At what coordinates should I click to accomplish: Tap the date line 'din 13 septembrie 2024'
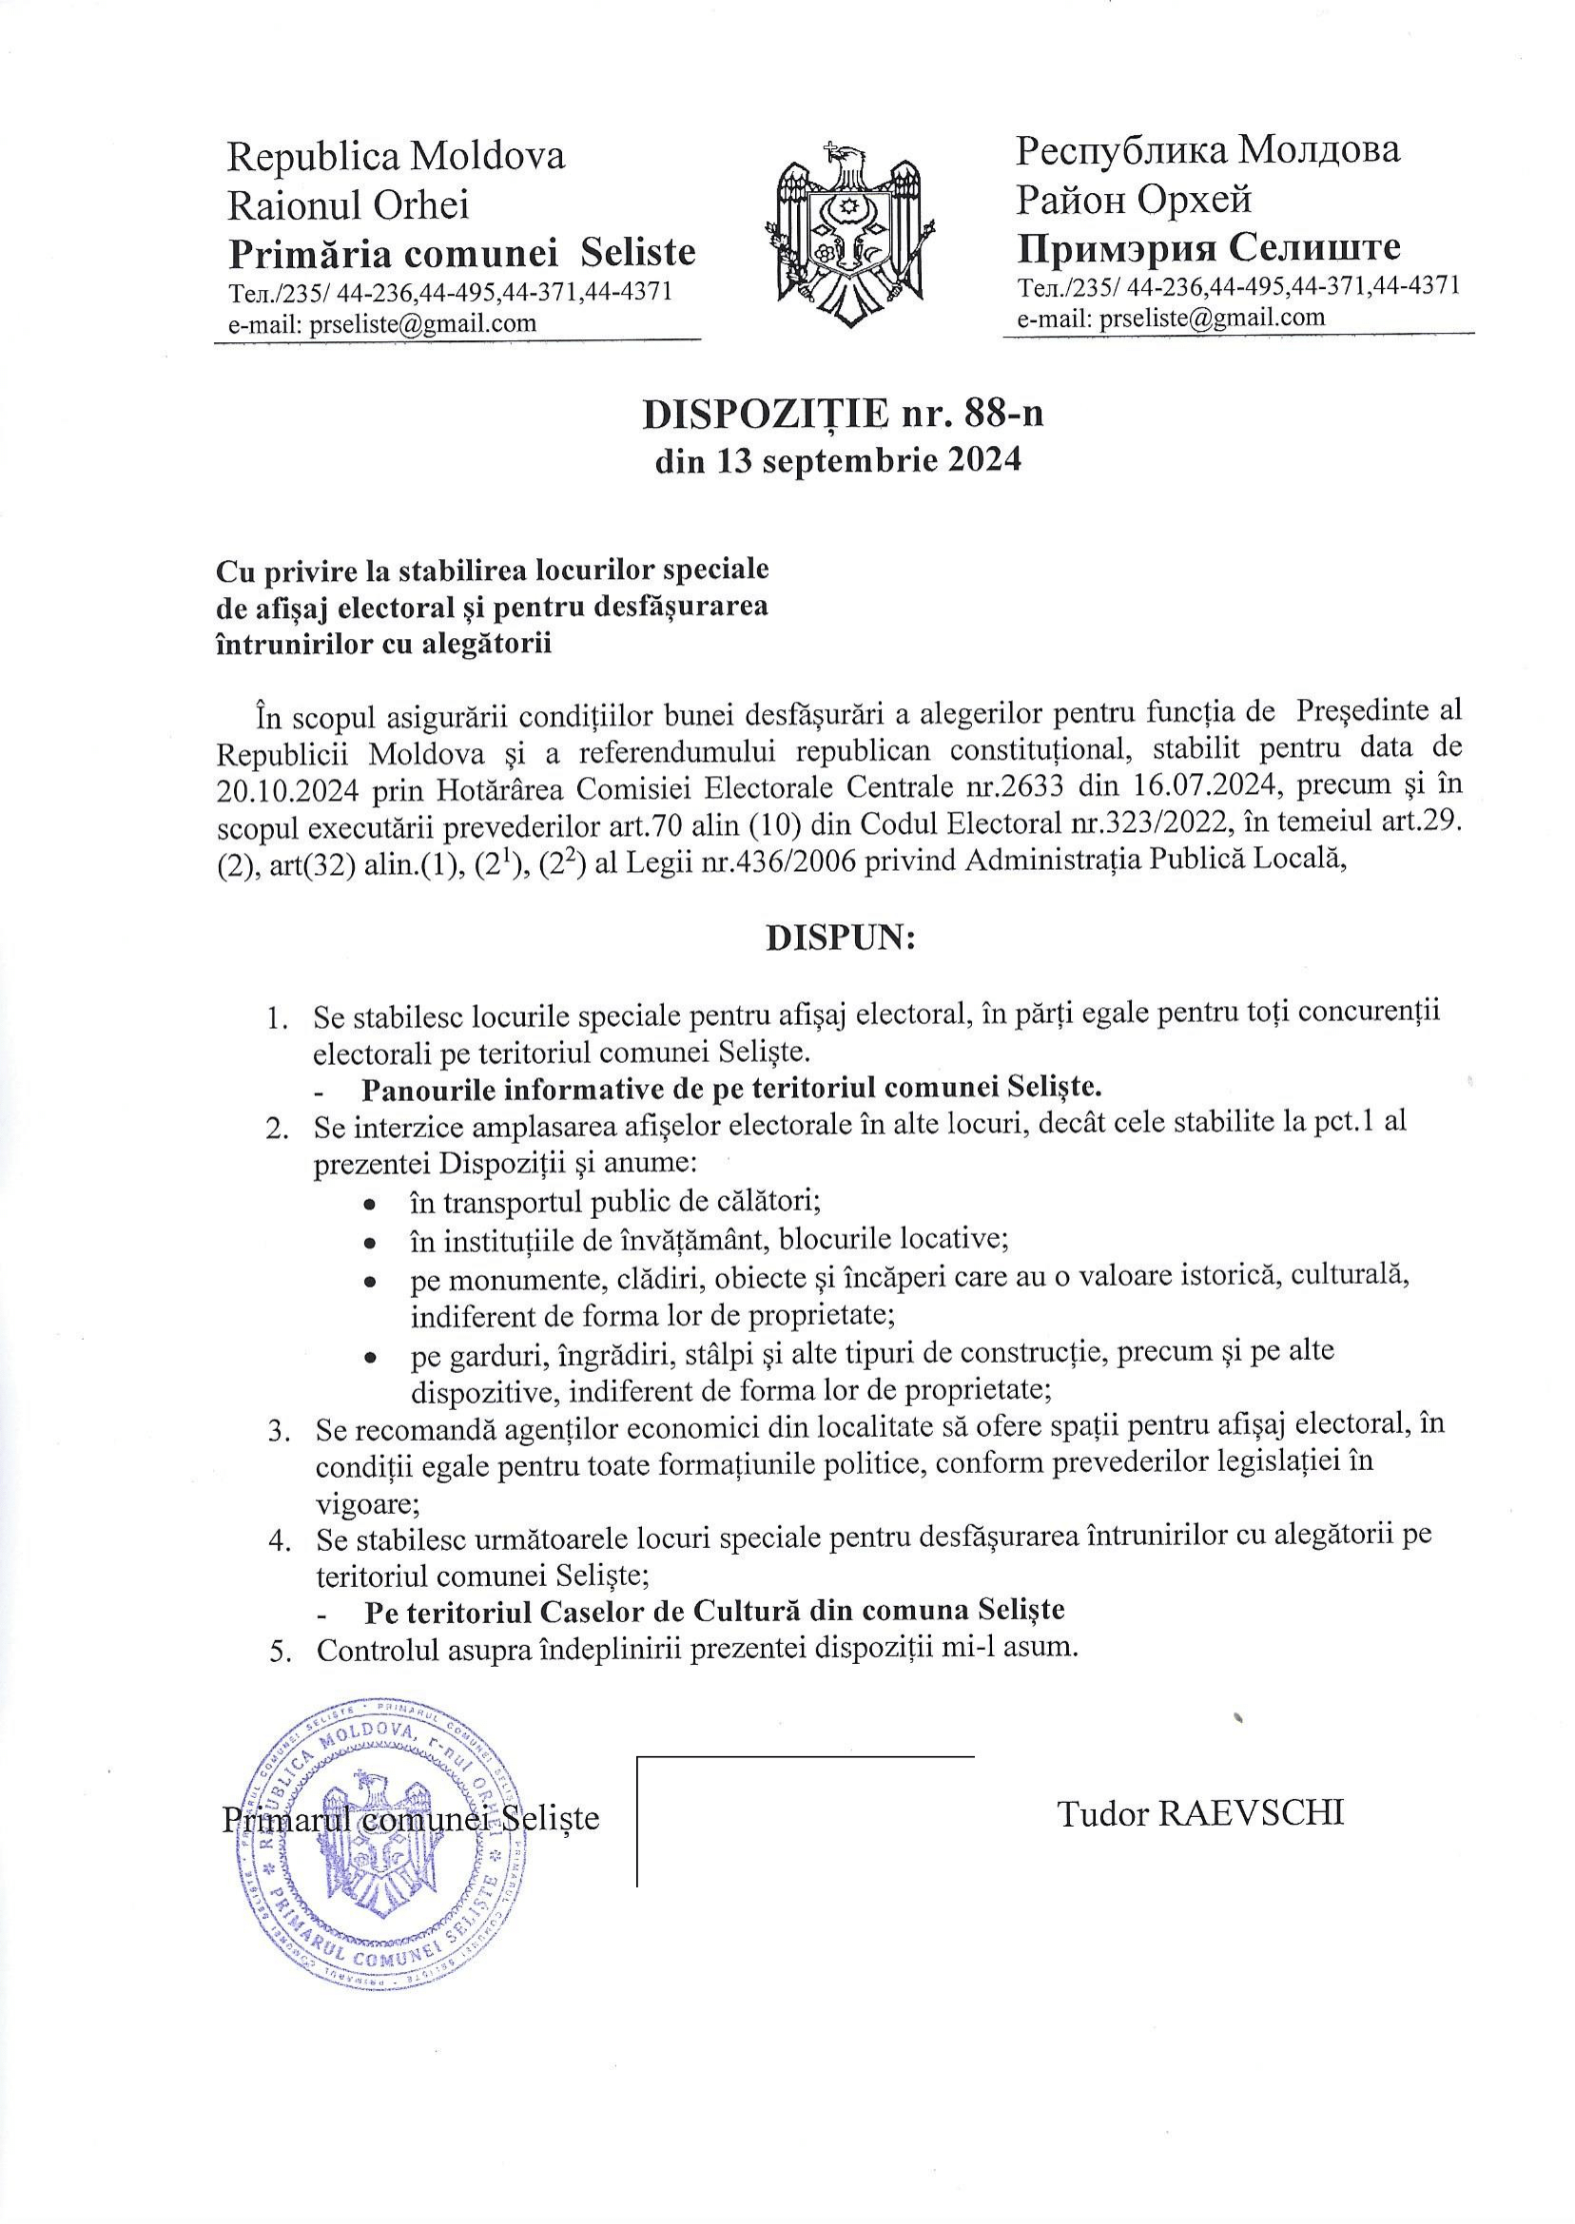[839, 461]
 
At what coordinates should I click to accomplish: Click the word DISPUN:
[840, 938]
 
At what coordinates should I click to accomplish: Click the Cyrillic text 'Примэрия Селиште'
[1209, 249]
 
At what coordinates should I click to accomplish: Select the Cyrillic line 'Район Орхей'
[1134, 200]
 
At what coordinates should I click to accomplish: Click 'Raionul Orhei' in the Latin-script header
[347, 204]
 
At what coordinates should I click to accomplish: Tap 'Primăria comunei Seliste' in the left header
[461, 253]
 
